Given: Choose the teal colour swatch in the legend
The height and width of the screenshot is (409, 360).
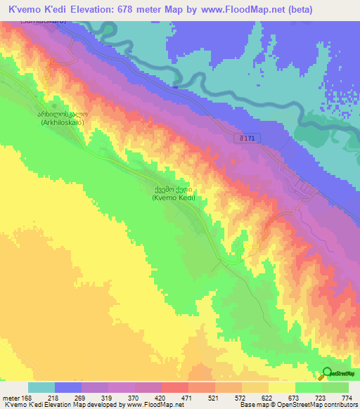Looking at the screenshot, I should tap(41, 387).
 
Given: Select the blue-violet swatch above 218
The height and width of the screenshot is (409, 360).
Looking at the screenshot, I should tap(68, 387).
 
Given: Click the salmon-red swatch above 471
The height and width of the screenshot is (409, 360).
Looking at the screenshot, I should tap(175, 387).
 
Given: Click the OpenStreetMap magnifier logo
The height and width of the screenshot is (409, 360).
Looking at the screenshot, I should tap(327, 372).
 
